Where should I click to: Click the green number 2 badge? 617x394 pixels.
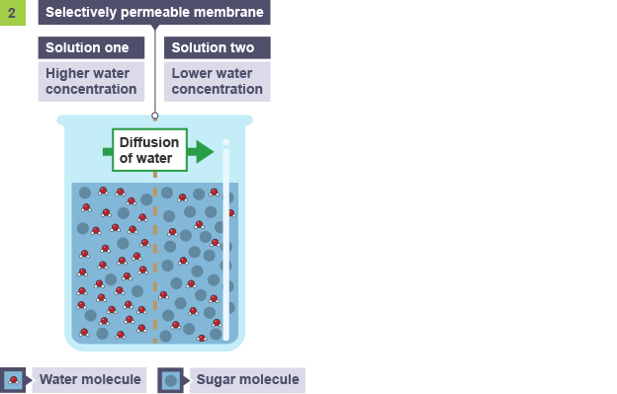pos(13,13)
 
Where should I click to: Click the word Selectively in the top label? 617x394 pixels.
pos(81,12)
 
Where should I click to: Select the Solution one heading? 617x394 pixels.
pos(87,47)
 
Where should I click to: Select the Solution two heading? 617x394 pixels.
pos(213,47)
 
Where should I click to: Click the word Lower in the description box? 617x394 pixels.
pos(191,73)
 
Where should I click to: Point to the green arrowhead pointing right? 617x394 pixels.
pos(205,152)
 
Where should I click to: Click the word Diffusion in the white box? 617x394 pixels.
pos(149,142)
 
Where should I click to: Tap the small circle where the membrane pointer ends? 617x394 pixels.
pos(155,116)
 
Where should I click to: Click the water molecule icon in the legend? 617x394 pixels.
pos(13,380)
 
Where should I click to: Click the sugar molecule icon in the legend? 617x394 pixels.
pos(170,380)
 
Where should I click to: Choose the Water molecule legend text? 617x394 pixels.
pos(90,379)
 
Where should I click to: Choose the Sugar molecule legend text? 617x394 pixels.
pos(247,379)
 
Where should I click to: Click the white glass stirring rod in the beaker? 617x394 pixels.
pos(226,240)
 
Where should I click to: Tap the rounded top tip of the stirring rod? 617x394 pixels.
pos(226,142)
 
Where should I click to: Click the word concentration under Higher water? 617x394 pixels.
pos(91,89)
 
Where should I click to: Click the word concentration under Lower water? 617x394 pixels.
pos(218,89)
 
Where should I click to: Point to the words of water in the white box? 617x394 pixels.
pos(145,158)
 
